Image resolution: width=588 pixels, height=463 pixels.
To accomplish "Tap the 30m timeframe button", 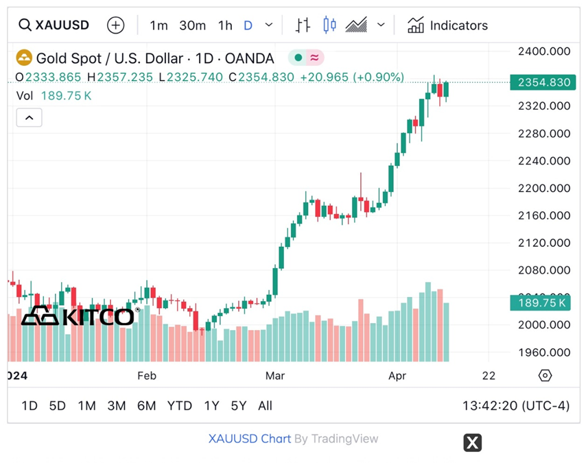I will [192, 25].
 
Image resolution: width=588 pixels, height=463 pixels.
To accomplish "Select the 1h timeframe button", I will [225, 25].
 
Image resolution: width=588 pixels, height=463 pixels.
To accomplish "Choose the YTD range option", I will [180, 405].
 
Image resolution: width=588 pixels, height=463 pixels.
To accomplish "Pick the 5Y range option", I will [238, 405].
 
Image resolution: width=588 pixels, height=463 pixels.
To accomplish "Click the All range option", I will [265, 405].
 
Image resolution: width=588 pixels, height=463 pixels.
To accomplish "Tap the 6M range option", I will [146, 405].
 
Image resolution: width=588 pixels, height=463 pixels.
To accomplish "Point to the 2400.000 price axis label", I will [544, 51].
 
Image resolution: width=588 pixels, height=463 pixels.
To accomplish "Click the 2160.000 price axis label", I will [544, 215].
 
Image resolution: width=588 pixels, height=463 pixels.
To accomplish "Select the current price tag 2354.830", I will [543, 82].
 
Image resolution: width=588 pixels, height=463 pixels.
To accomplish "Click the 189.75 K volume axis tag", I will [539, 303].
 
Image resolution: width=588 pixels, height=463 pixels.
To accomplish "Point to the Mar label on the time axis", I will [275, 376].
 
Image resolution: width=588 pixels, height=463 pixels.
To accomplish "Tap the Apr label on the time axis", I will [397, 376].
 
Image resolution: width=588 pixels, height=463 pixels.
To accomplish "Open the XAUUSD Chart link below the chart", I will [249, 439].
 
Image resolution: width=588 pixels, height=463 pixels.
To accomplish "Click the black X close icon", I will [472, 442].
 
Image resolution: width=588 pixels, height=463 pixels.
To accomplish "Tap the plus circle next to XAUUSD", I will [116, 25].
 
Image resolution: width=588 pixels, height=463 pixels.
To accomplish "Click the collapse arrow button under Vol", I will [29, 118].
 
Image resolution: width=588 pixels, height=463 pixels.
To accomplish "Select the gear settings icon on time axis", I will [545, 376].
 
